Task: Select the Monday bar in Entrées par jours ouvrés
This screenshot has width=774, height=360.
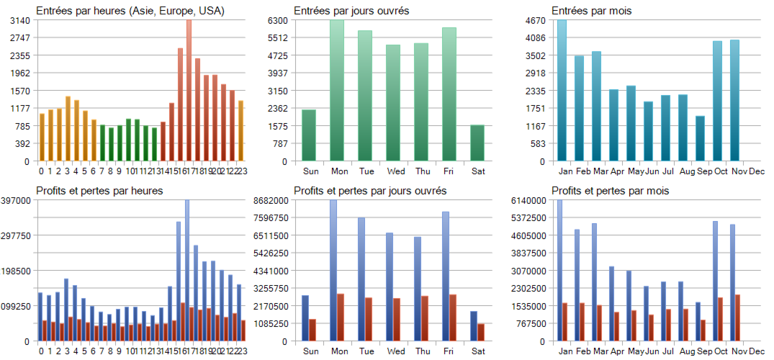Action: [x=337, y=90]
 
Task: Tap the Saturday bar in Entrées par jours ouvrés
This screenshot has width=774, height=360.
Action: [x=477, y=143]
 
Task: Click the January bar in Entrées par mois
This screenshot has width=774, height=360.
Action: [x=562, y=90]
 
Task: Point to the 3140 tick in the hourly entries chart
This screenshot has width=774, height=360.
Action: [x=20, y=20]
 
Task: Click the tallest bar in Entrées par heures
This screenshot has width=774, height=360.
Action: [x=189, y=90]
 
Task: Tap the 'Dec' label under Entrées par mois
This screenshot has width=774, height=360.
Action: [x=757, y=171]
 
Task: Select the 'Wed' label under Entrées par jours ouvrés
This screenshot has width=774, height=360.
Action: [x=395, y=171]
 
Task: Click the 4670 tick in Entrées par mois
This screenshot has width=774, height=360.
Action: [x=539, y=20]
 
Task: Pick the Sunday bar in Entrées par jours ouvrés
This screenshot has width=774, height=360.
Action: [x=309, y=135]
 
